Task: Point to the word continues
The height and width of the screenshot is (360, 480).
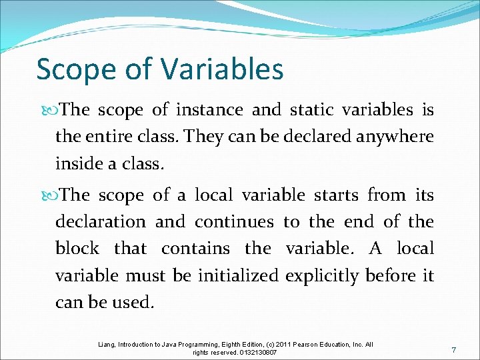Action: [234, 221]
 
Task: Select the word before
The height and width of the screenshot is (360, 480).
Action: [391, 275]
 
